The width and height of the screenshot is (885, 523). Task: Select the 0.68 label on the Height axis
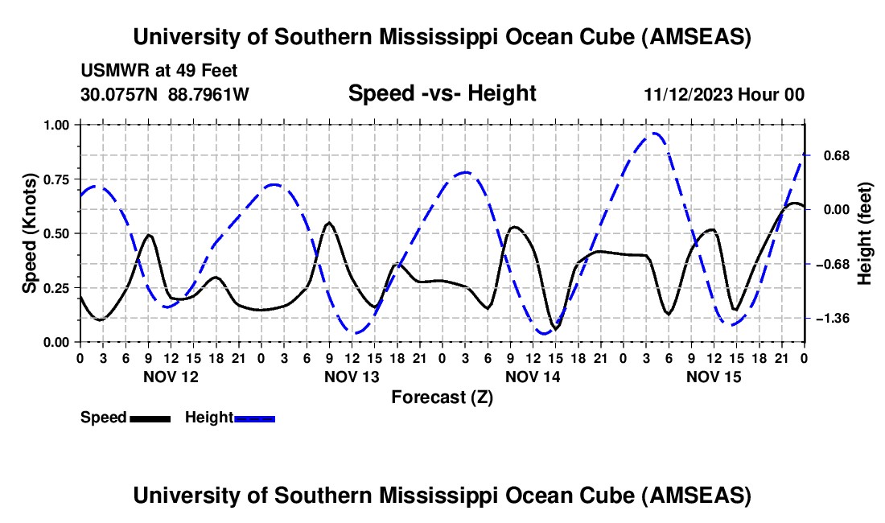[834, 155]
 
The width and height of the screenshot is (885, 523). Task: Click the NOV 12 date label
[171, 377]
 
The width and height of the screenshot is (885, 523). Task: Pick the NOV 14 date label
[533, 377]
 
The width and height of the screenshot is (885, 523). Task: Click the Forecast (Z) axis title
[442, 397]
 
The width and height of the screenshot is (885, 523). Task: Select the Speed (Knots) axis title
[30, 233]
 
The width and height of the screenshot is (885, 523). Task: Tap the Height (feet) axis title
[865, 233]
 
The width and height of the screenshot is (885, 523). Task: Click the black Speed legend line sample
[150, 418]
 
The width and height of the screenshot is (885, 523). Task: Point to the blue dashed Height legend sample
[254, 418]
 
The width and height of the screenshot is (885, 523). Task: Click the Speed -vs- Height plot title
[442, 93]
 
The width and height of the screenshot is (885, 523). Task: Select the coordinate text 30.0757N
[121, 94]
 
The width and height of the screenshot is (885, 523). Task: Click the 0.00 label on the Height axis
[834, 210]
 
